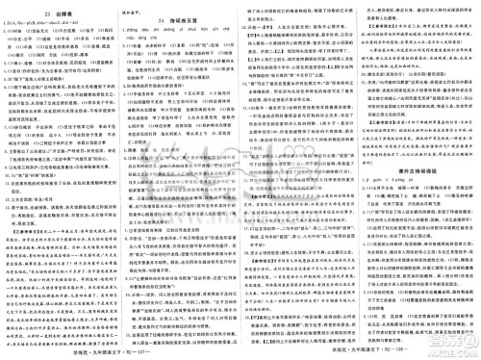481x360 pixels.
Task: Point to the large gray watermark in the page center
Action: (x=240, y=173)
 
